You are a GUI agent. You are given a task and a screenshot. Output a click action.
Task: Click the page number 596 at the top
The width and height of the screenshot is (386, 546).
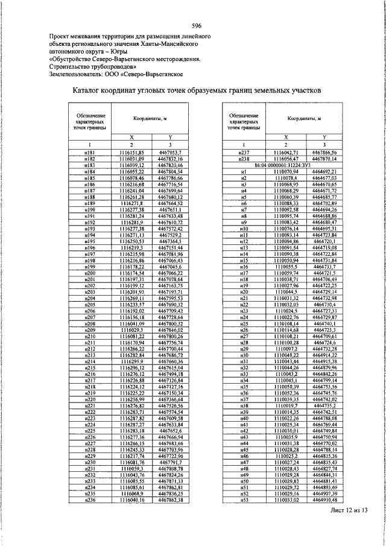coord(196,25)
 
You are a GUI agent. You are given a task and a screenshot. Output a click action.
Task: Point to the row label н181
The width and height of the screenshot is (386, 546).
coord(89,153)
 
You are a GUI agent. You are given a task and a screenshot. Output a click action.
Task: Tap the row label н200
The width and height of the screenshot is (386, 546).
coord(89,273)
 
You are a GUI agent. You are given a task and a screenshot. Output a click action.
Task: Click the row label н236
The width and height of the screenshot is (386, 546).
coord(89,500)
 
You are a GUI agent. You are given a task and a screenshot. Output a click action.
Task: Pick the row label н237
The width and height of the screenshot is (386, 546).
coord(244,153)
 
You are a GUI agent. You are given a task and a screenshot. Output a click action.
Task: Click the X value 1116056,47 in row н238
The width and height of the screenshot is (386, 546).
coord(286,159)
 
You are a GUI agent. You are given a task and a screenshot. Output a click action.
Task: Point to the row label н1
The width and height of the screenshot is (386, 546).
coord(244,171)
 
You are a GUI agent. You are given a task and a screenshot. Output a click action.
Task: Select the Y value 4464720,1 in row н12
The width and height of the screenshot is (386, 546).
coord(324,241)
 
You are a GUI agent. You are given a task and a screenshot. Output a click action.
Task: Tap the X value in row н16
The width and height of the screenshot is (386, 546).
coord(286,267)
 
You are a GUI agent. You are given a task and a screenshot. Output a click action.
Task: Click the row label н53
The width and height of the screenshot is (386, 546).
coord(244,500)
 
